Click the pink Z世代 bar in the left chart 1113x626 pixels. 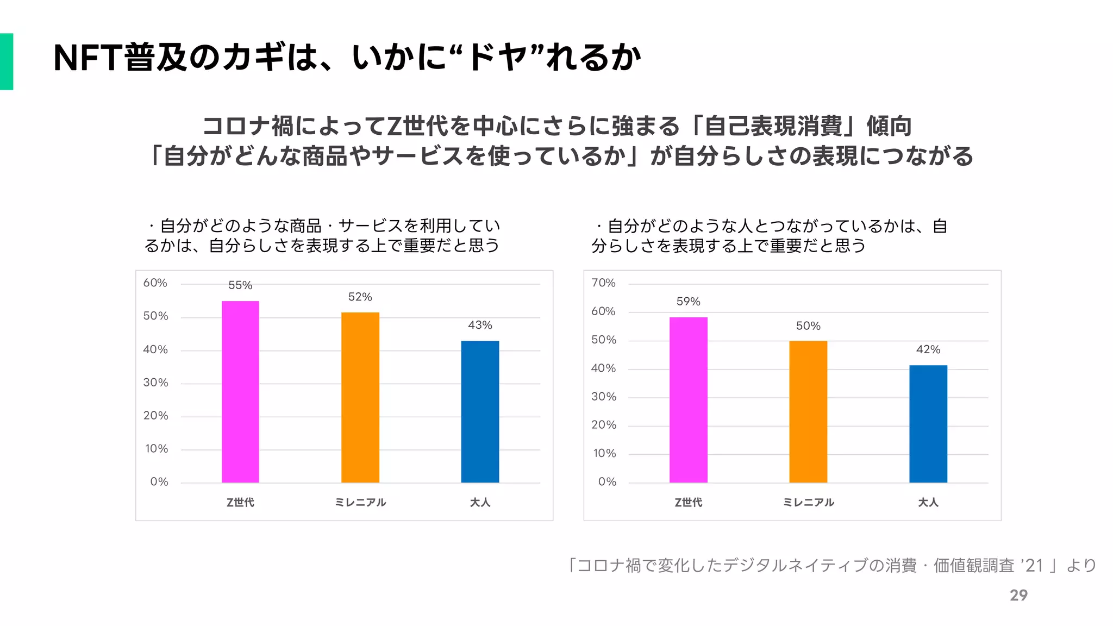pos(240,391)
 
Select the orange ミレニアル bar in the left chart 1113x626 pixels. pos(360,397)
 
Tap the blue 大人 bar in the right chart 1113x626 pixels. pos(928,423)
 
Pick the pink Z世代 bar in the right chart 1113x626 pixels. pos(688,399)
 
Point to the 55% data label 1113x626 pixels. pos(240,285)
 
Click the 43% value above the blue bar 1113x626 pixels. pos(480,325)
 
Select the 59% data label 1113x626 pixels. pos(688,302)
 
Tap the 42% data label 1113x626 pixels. pos(928,349)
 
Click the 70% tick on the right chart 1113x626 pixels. pos(603,283)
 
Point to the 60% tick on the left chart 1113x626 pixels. pos(155,283)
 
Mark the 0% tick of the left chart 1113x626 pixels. pos(159,482)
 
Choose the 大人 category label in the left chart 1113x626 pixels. pos(480,503)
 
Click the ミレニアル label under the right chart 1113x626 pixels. pos(808,503)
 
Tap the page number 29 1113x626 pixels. pos(1018,596)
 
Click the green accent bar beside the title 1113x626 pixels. pos(7,61)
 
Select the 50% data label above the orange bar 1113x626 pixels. pos(808,326)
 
